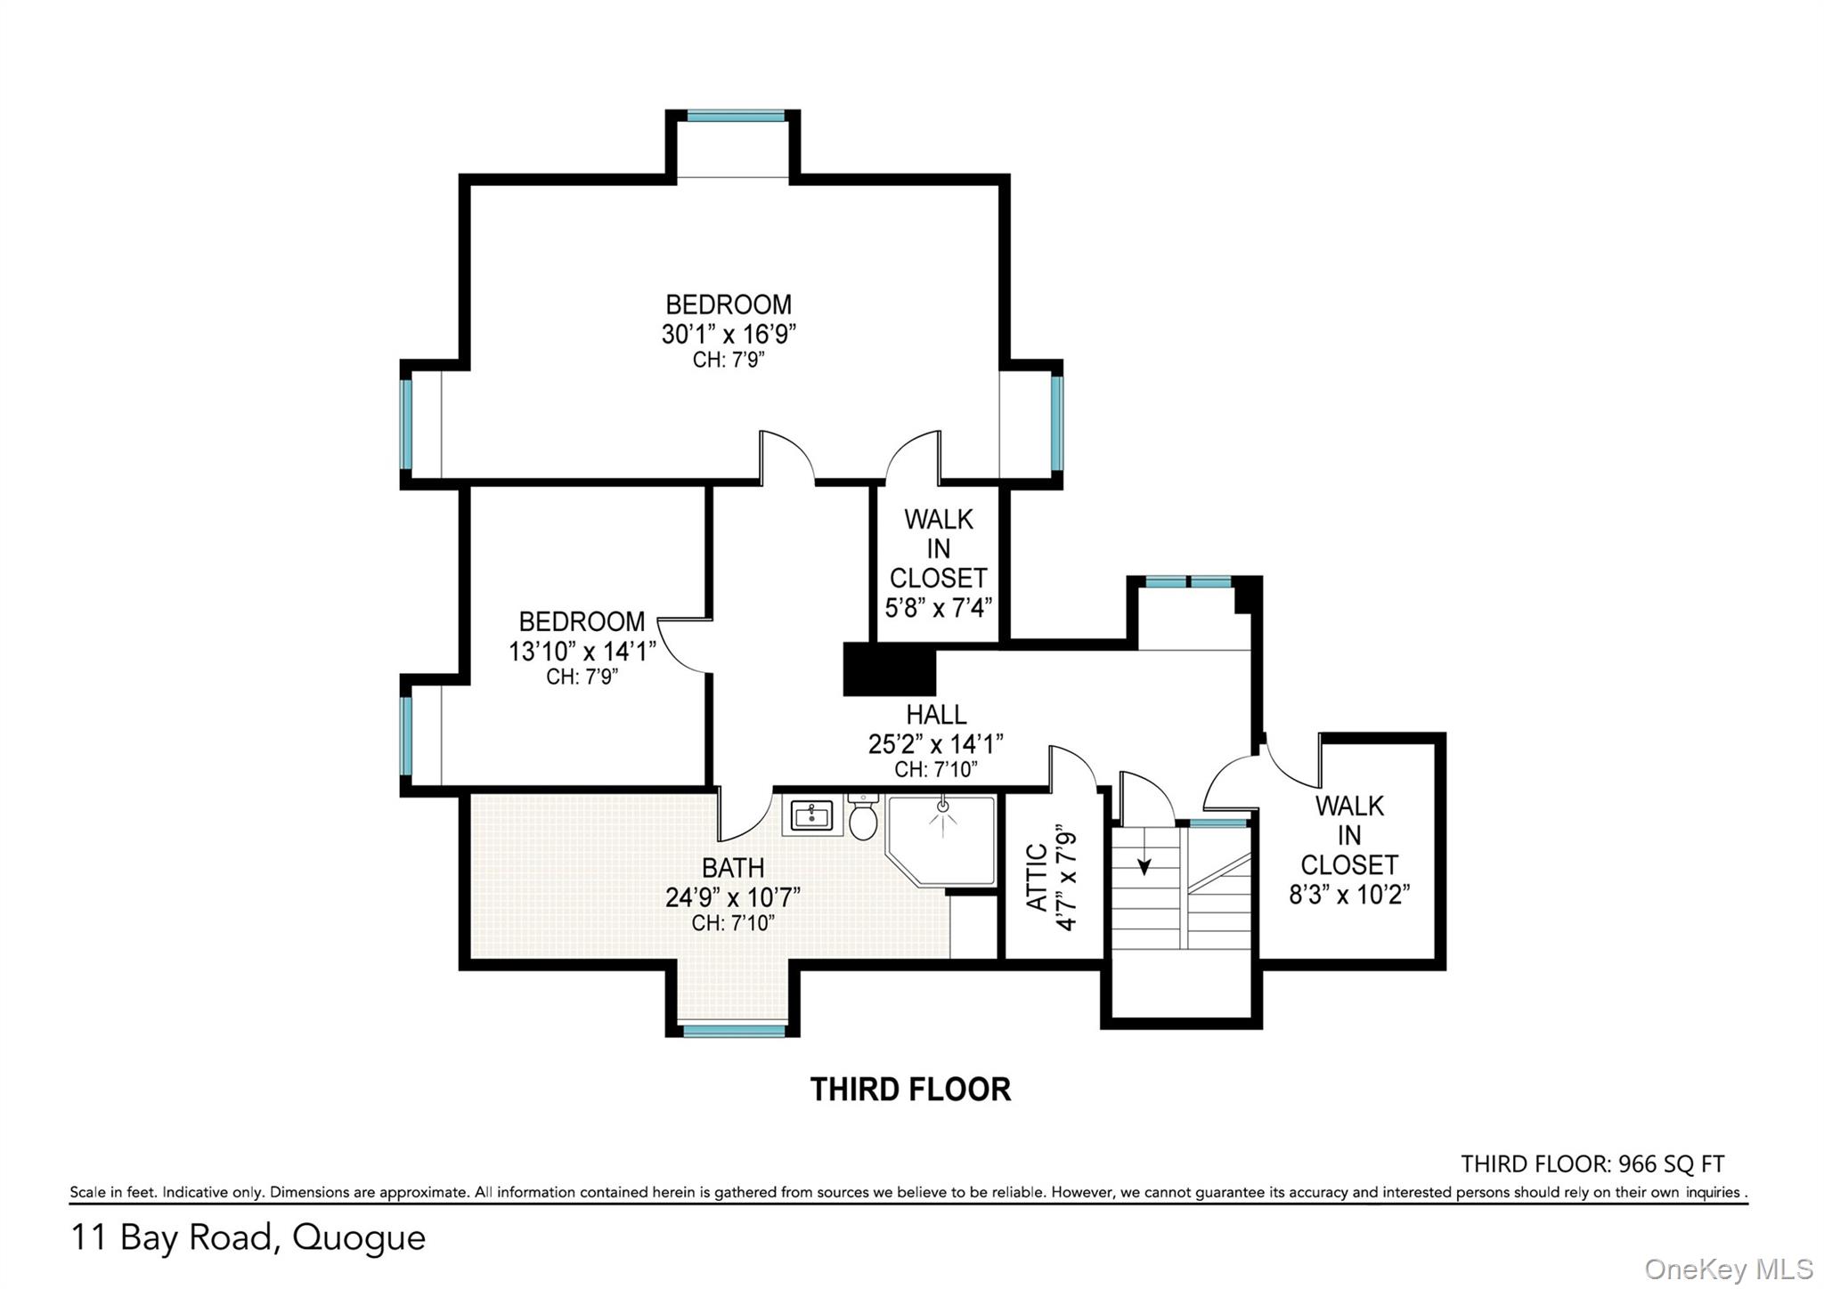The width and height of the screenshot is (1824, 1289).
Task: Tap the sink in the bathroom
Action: (x=812, y=815)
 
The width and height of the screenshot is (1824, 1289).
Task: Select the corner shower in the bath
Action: (x=940, y=841)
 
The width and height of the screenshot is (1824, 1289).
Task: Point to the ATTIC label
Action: (x=1037, y=877)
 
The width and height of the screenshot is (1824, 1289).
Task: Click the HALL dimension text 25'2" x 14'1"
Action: (x=936, y=743)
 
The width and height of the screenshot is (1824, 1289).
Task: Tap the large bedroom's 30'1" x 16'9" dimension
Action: (x=729, y=334)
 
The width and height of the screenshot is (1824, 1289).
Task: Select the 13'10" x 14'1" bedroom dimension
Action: (x=582, y=651)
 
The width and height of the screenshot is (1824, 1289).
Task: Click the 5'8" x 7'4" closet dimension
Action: (x=939, y=607)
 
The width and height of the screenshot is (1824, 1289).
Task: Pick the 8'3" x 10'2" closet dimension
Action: (x=1349, y=894)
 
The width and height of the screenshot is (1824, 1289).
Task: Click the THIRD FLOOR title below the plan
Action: (x=910, y=1090)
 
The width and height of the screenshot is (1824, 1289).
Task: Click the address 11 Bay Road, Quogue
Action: (x=248, y=1238)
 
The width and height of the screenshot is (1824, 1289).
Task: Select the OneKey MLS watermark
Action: (x=1729, y=1268)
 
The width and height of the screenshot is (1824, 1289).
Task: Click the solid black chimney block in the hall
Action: (x=889, y=669)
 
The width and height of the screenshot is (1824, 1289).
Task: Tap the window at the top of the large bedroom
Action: (x=736, y=116)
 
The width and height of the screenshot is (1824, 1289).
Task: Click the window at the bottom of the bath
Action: (x=734, y=1031)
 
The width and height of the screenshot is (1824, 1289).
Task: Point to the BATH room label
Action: (x=733, y=867)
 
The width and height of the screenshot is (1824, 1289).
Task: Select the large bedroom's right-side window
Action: (x=1057, y=423)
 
